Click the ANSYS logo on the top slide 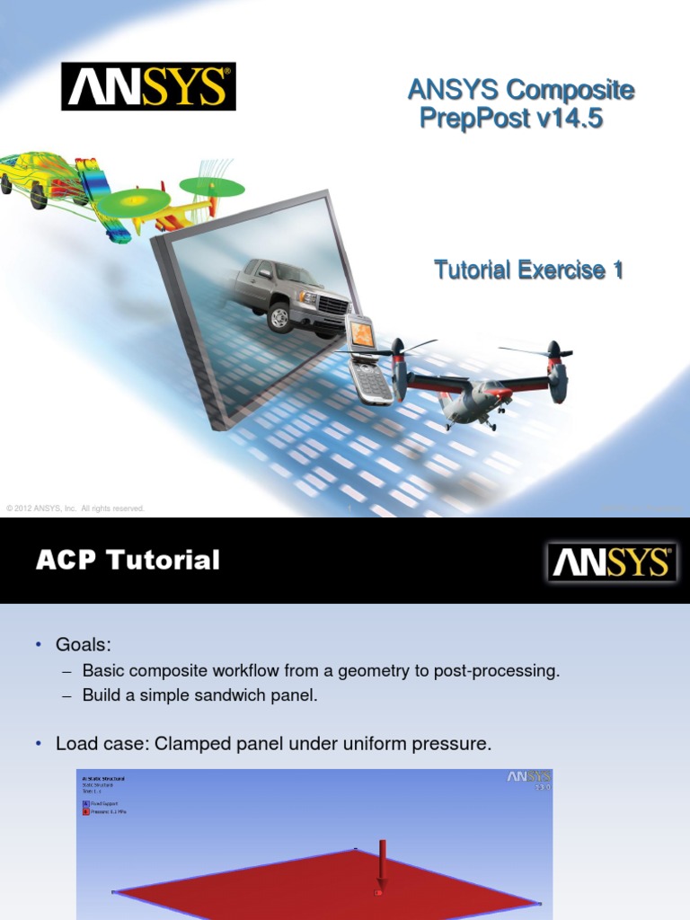148,86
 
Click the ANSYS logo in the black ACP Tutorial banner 611,562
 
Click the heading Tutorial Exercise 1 528,269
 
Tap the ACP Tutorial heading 128,561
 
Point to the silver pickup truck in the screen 291,297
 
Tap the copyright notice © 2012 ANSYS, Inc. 75,509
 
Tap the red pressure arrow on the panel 383,866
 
